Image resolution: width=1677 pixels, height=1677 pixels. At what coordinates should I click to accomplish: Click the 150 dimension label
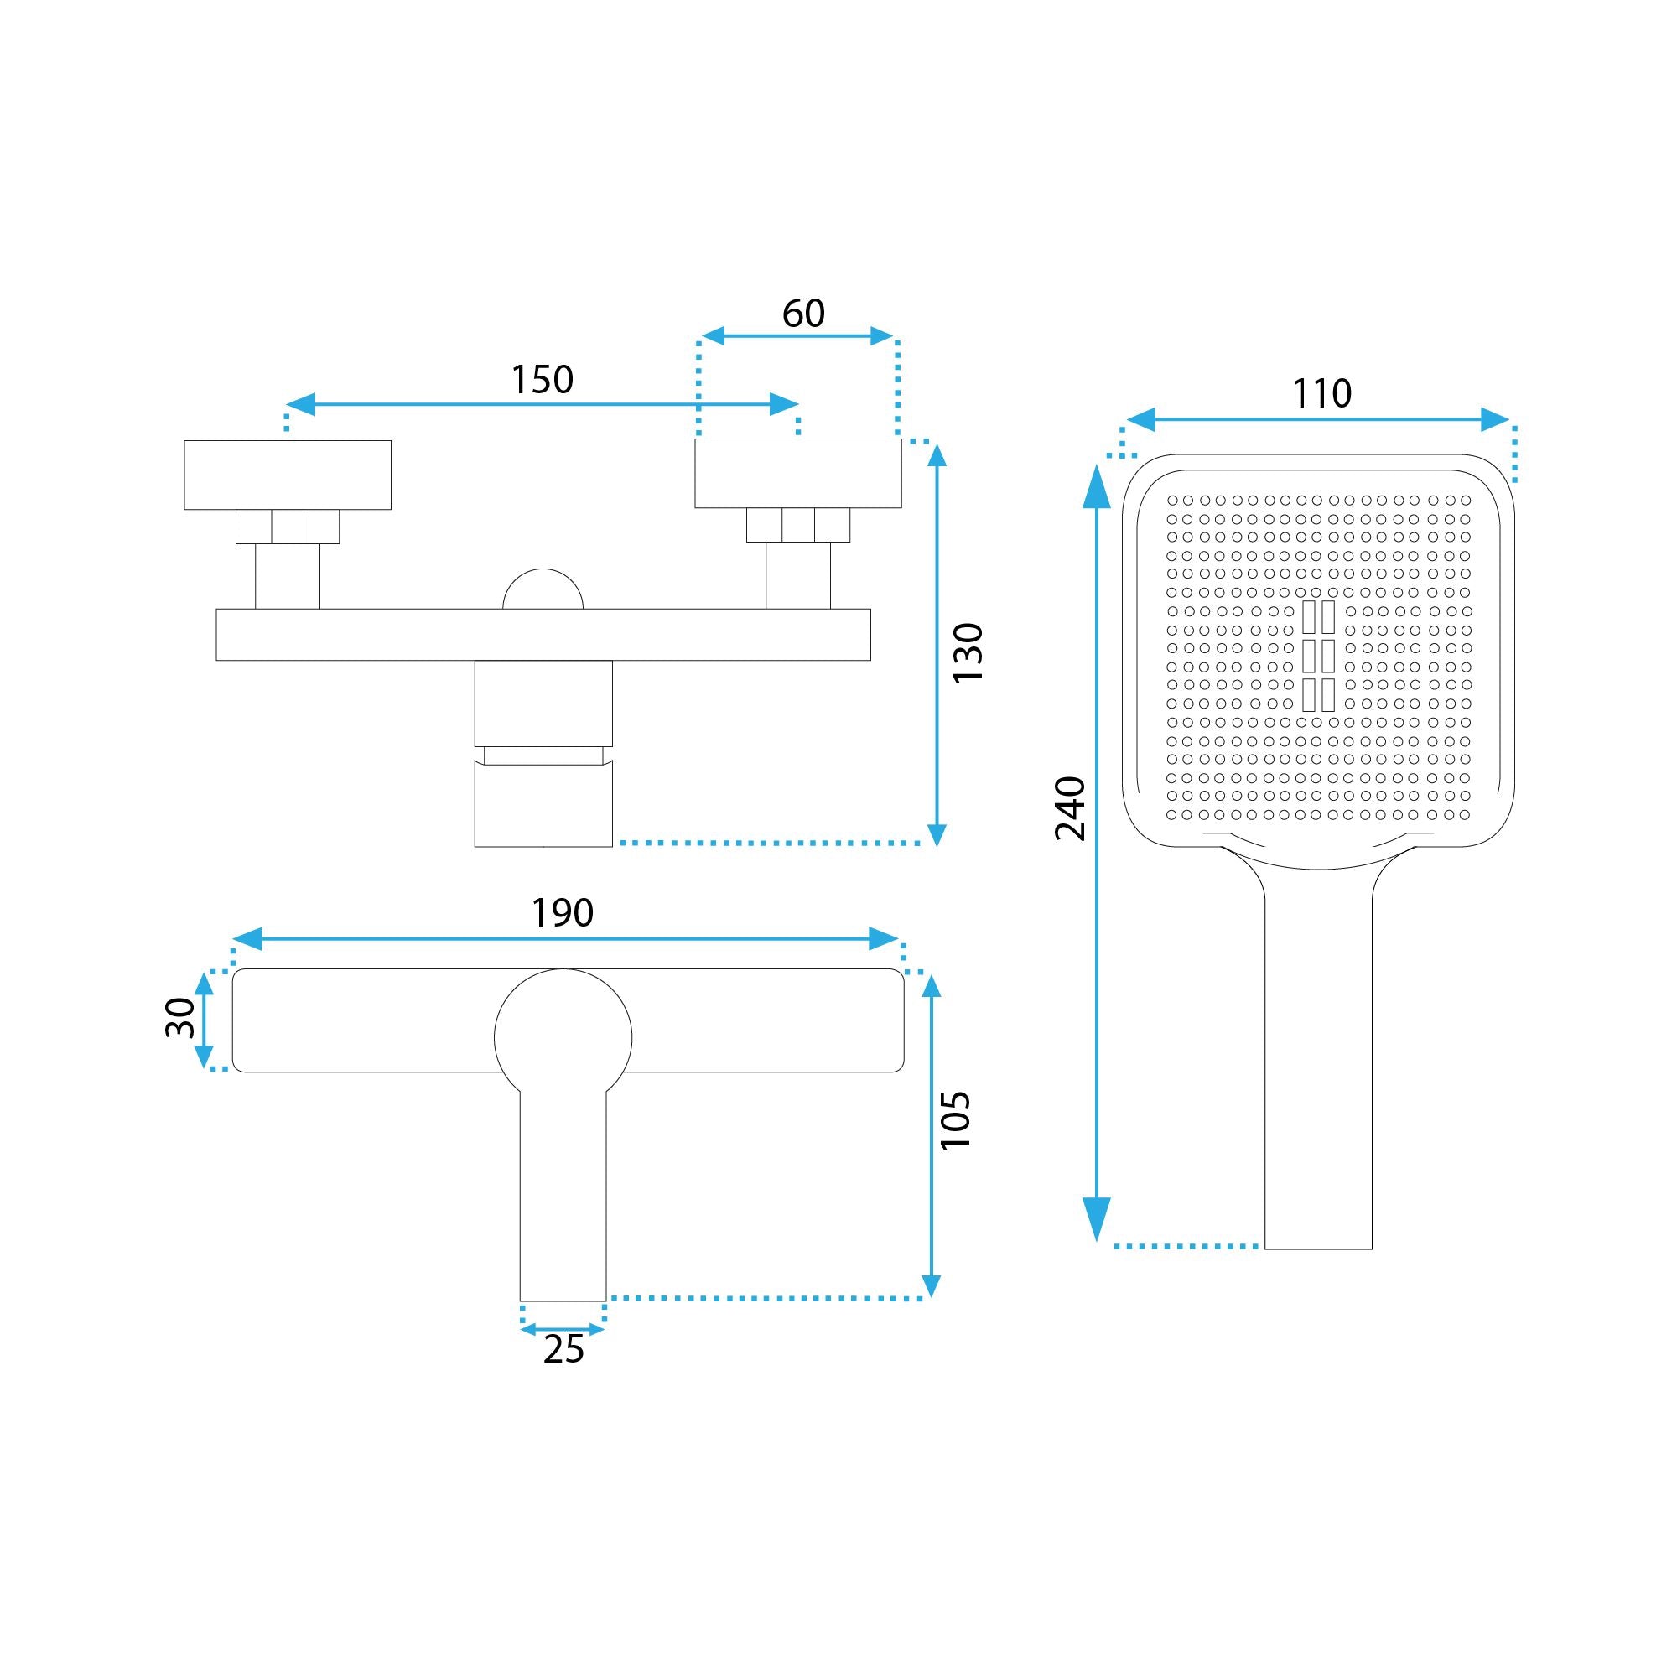[x=542, y=380]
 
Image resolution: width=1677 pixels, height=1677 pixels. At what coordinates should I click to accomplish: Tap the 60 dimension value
[x=803, y=314]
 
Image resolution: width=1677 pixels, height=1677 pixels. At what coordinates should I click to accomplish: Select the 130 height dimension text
[x=968, y=652]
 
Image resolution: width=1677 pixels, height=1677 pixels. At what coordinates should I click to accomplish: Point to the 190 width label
[x=563, y=912]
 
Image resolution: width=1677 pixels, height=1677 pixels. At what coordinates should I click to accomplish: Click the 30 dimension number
[x=180, y=1017]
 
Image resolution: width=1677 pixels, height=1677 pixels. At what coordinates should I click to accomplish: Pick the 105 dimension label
[x=955, y=1119]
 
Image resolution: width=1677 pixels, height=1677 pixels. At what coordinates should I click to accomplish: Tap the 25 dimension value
[x=563, y=1350]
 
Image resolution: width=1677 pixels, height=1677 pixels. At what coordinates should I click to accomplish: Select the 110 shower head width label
[x=1322, y=394]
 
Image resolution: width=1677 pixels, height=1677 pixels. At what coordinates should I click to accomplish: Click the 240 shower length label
[x=1070, y=808]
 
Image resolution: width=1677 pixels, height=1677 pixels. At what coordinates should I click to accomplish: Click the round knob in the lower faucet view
[x=563, y=1037]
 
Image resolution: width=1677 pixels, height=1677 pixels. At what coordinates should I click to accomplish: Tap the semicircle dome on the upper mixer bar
[x=543, y=589]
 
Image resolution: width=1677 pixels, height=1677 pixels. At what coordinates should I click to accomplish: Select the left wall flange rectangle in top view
[x=288, y=475]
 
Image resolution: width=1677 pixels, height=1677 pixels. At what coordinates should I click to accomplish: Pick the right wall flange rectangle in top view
[x=797, y=473]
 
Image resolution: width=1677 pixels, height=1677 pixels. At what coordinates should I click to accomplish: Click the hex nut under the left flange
[x=288, y=526]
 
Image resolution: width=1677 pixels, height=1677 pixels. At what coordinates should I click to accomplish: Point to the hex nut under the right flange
[x=797, y=525]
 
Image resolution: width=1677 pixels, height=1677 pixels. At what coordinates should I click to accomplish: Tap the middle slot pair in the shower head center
[x=1318, y=656]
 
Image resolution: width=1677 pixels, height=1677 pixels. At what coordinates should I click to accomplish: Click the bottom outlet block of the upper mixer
[x=543, y=803]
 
